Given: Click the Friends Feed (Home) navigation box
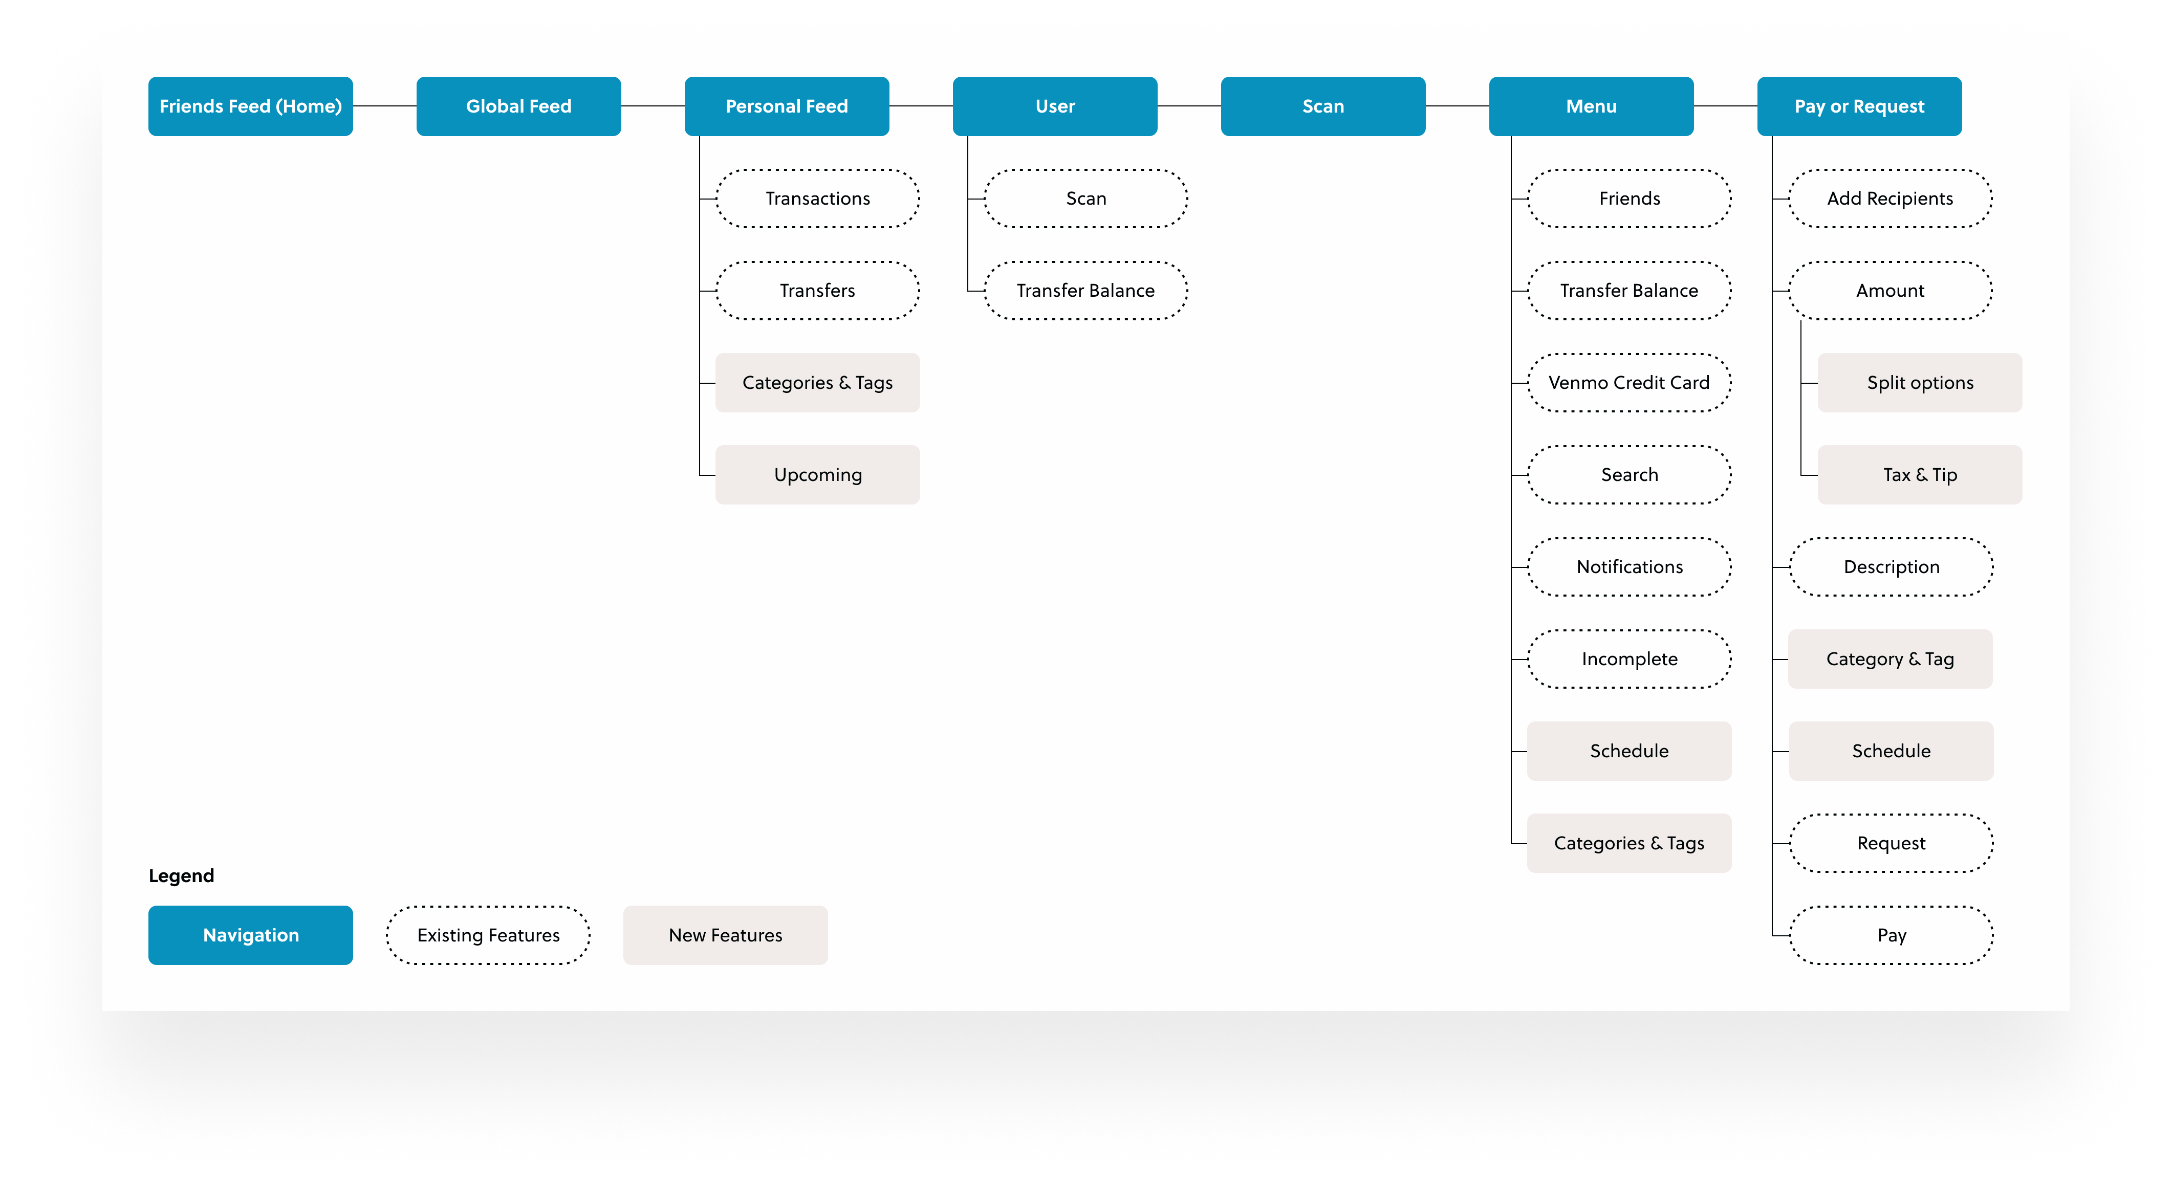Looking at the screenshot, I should (x=250, y=106).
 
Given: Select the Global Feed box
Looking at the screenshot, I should (x=518, y=106).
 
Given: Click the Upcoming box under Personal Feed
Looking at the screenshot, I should (x=817, y=474).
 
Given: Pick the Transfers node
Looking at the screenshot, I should (x=817, y=291).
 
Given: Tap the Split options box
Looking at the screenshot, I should (x=1919, y=383).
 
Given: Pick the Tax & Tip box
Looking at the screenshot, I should (x=1919, y=474).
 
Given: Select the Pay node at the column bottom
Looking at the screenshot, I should (x=1891, y=935).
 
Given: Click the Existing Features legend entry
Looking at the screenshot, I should (x=488, y=935).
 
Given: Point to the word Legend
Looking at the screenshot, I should (x=181, y=875).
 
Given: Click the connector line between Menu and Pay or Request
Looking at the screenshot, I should (x=1725, y=106).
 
